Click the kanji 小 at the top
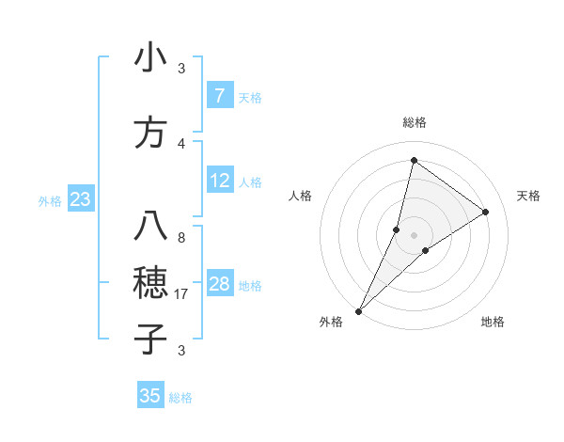[150, 58]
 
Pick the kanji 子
[150, 338]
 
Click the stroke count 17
[181, 294]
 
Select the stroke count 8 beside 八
[181, 238]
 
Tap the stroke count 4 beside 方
[181, 143]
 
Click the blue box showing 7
[219, 96]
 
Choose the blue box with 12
[219, 181]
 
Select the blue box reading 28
[219, 284]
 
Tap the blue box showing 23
[80, 199]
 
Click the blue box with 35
[150, 396]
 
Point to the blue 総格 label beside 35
[180, 398]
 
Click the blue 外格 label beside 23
[50, 200]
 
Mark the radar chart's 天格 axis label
[528, 196]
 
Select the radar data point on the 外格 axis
[358, 310]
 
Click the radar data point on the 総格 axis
[414, 160]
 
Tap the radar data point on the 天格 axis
[486, 212]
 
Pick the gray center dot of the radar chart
[414, 234]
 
